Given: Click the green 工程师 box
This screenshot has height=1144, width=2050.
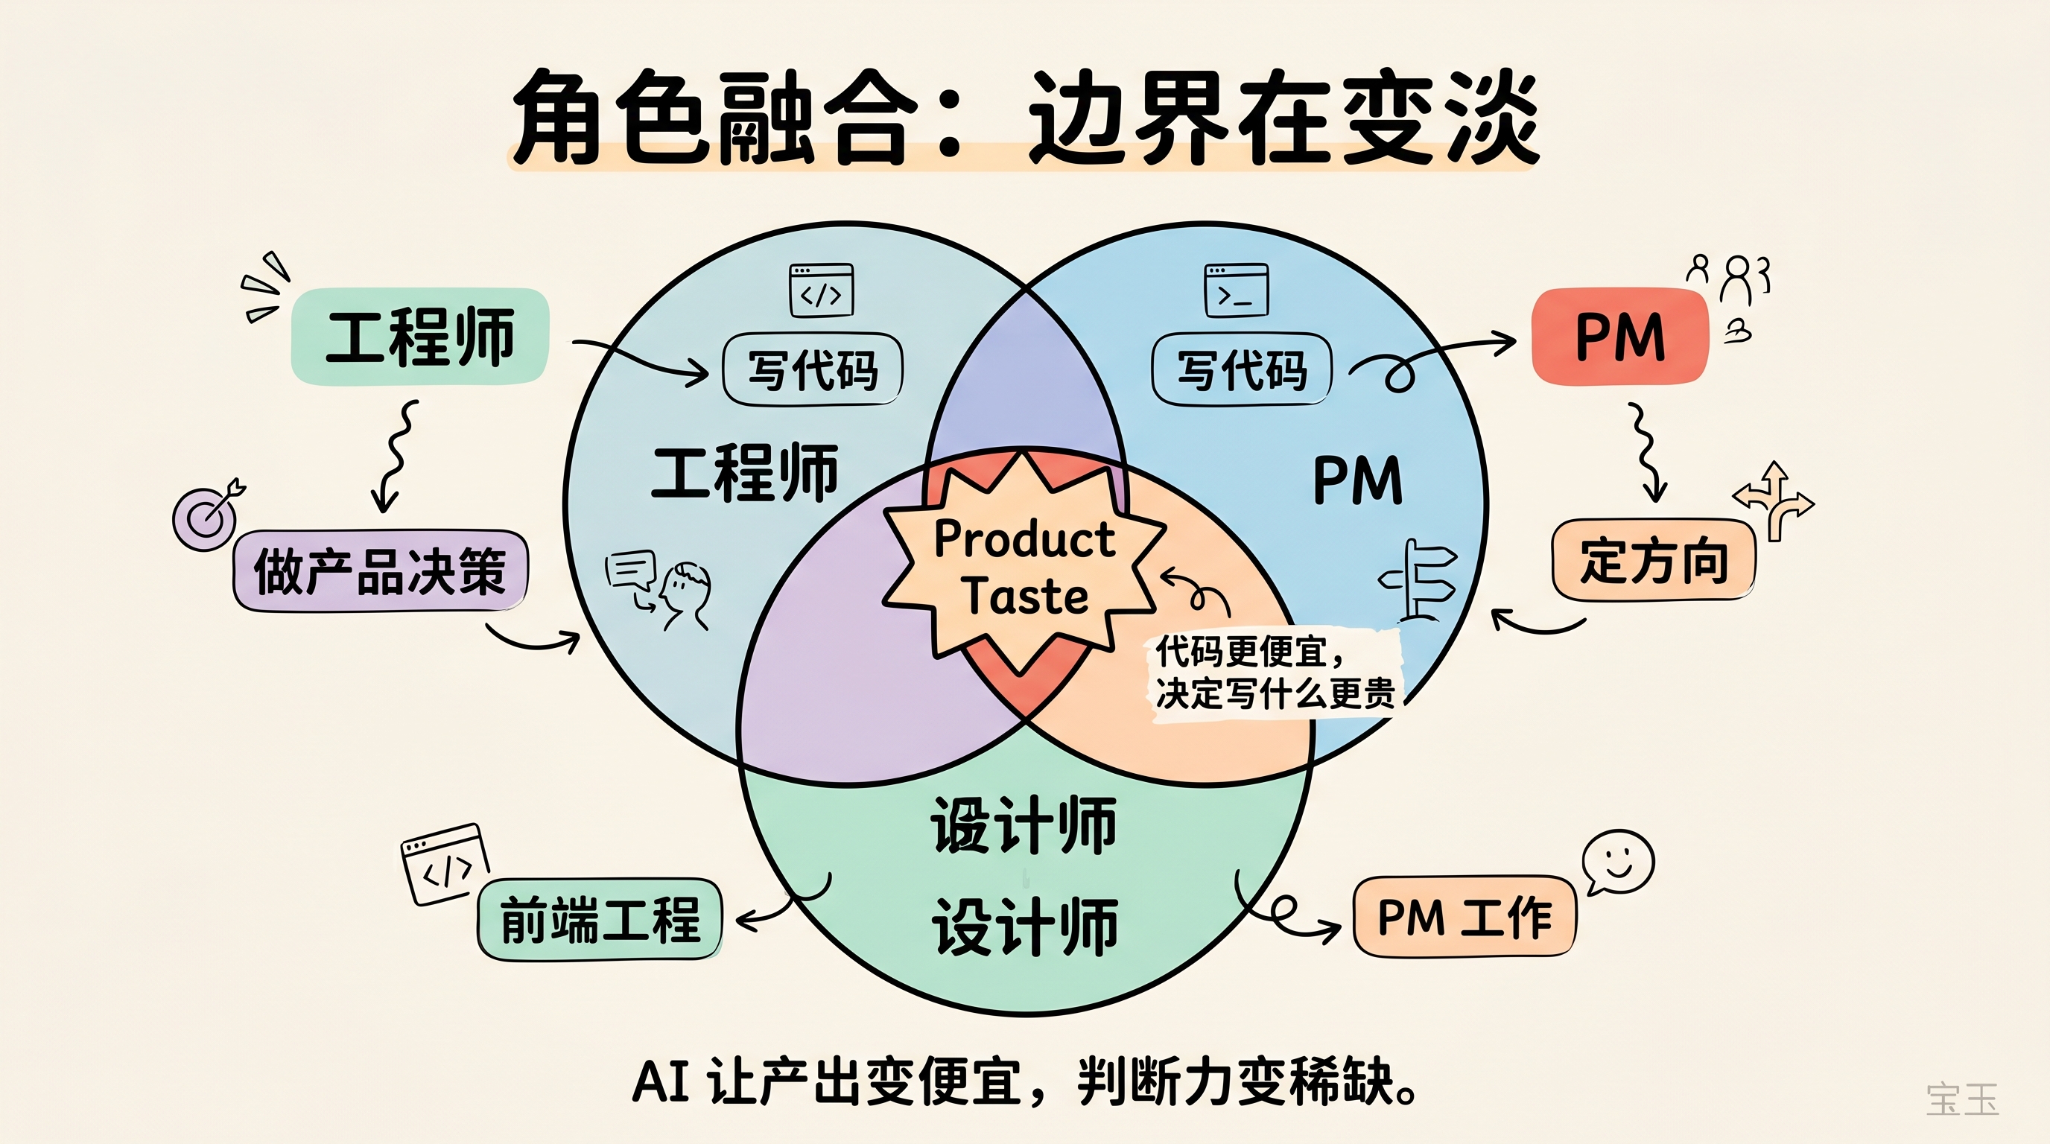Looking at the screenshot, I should [420, 337].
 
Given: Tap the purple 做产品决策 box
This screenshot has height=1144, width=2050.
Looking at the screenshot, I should [381, 571].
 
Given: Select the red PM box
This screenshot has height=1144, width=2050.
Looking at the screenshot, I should [1620, 337].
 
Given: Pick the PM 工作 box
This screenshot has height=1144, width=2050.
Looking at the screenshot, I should [1464, 918].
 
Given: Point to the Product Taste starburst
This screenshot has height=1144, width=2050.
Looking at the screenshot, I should [1025, 567].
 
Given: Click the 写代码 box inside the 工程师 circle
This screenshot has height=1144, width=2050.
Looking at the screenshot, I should [813, 370].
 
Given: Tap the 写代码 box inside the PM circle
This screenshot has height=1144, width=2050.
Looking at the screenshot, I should [1242, 370].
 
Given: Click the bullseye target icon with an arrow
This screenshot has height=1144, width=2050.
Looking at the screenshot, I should [207, 515].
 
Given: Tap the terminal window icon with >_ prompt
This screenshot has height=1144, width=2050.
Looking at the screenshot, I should [1236, 290].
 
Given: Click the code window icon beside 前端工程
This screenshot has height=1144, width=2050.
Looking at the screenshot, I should [445, 864].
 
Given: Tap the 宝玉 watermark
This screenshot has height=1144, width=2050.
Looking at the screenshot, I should [1961, 1099].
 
